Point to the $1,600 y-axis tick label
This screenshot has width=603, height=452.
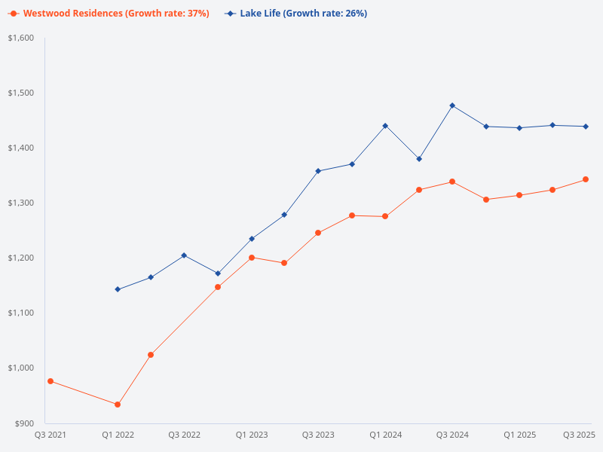click(x=22, y=38)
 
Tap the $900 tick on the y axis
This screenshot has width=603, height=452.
click(x=25, y=423)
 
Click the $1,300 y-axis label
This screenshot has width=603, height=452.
click(x=22, y=203)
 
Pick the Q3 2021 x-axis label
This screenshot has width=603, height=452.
click(x=51, y=435)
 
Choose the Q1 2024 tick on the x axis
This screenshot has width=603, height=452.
click(x=385, y=435)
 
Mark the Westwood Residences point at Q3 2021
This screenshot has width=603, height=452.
click(x=51, y=381)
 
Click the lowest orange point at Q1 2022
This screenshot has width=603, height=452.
click(x=118, y=405)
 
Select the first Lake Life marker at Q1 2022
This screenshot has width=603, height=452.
click(x=118, y=289)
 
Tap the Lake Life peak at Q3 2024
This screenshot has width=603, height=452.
click(x=452, y=105)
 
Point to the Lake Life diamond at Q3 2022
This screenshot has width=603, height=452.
click(x=184, y=255)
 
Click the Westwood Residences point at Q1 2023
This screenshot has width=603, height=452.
click(x=252, y=258)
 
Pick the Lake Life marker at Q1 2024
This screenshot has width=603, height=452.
click(x=385, y=126)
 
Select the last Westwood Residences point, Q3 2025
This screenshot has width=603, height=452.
click(x=586, y=179)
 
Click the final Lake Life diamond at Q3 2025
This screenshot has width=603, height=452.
click(x=586, y=127)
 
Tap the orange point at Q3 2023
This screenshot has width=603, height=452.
click(x=318, y=233)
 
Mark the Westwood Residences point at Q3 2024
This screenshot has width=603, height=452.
click(x=452, y=182)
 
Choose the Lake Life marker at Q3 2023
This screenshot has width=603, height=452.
click(x=318, y=171)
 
